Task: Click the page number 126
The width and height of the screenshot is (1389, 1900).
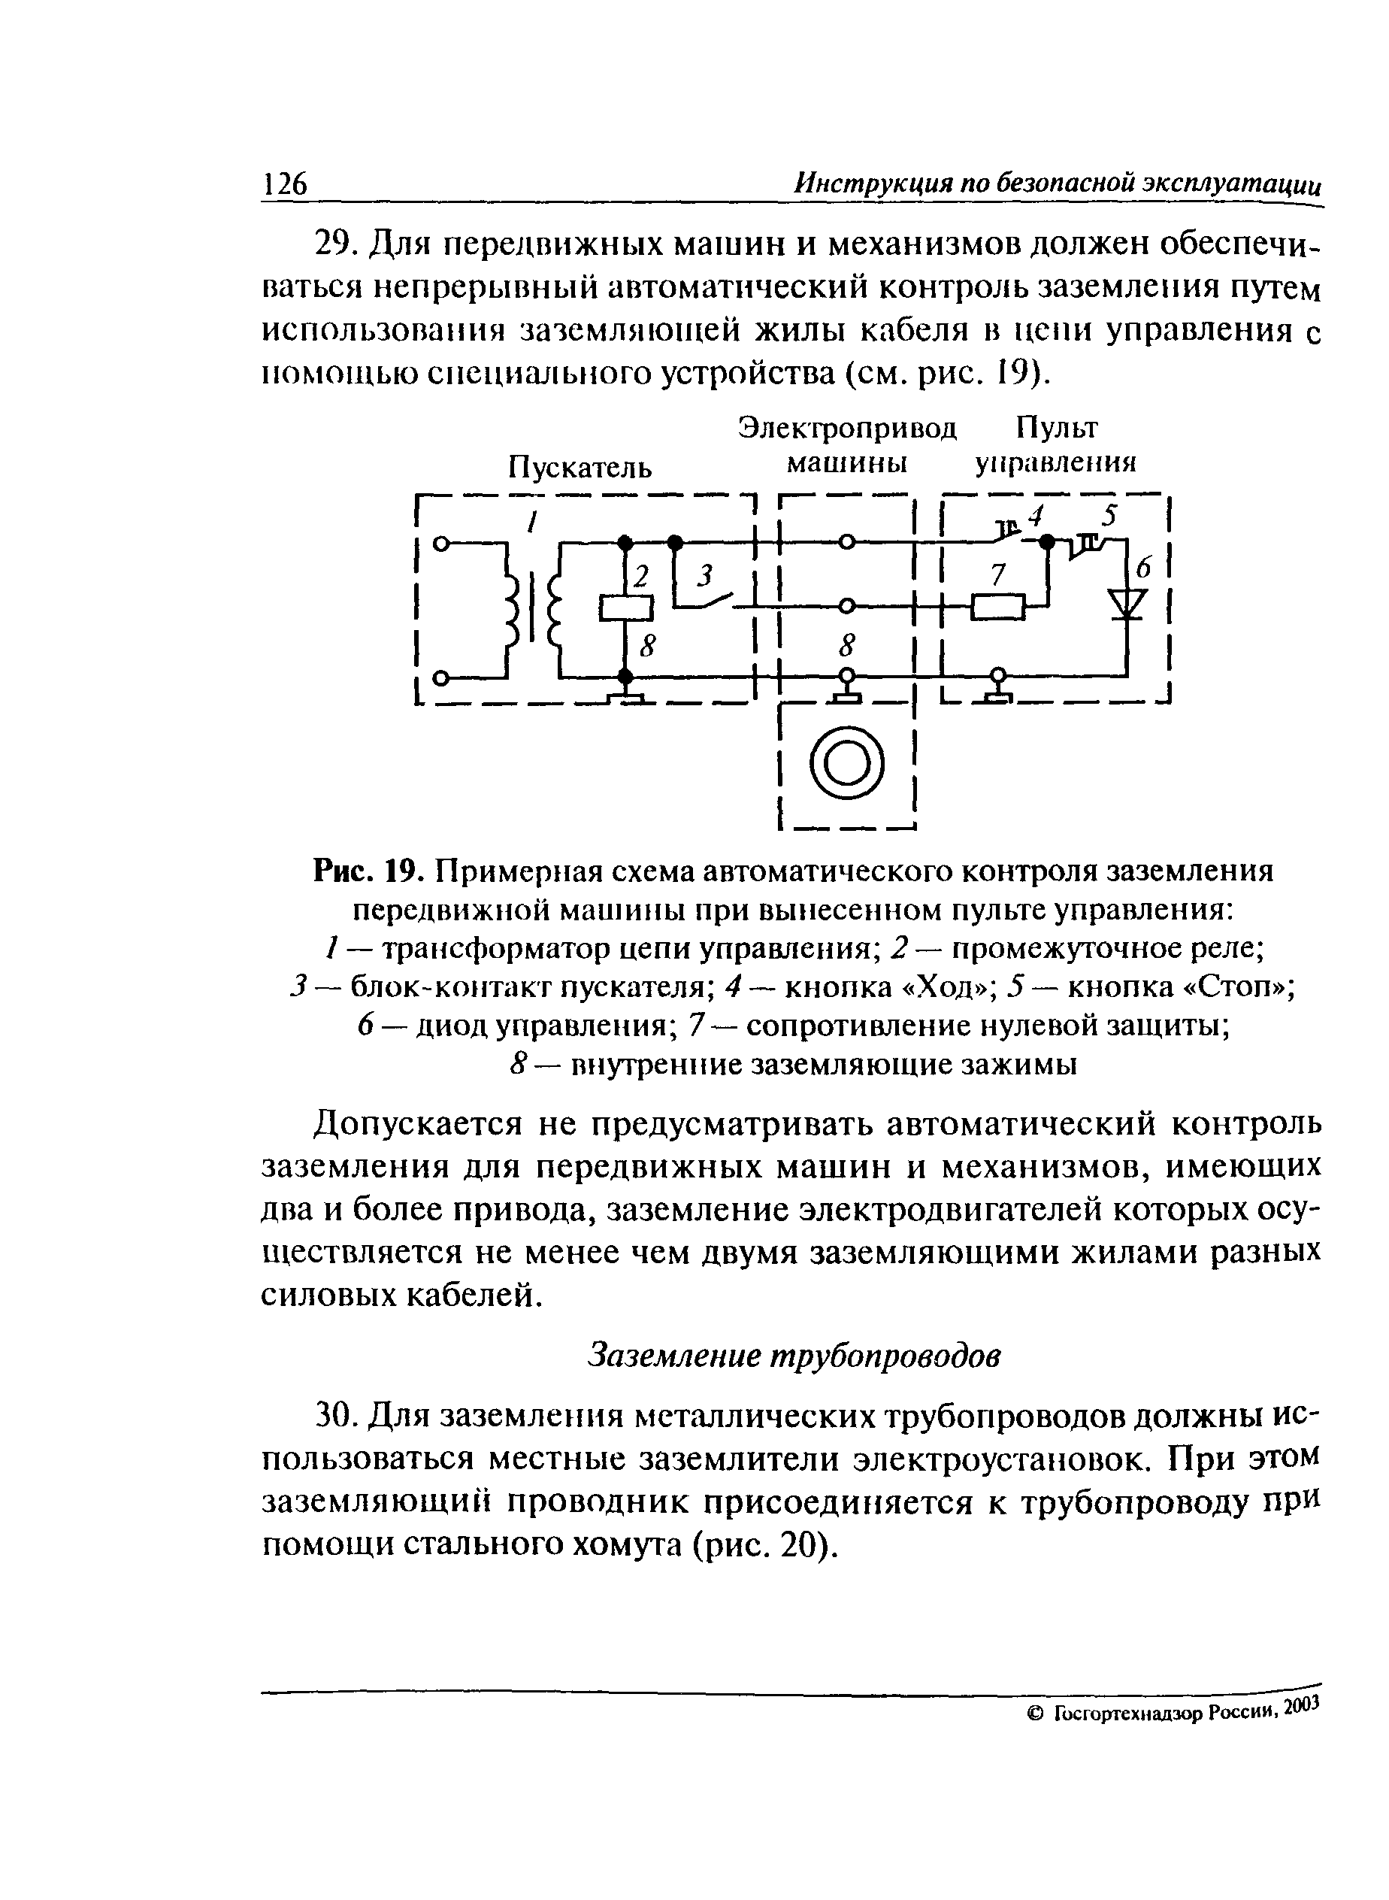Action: tap(285, 183)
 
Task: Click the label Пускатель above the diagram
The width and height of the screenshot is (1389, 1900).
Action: tap(580, 467)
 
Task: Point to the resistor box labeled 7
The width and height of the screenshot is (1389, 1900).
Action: tap(998, 605)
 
